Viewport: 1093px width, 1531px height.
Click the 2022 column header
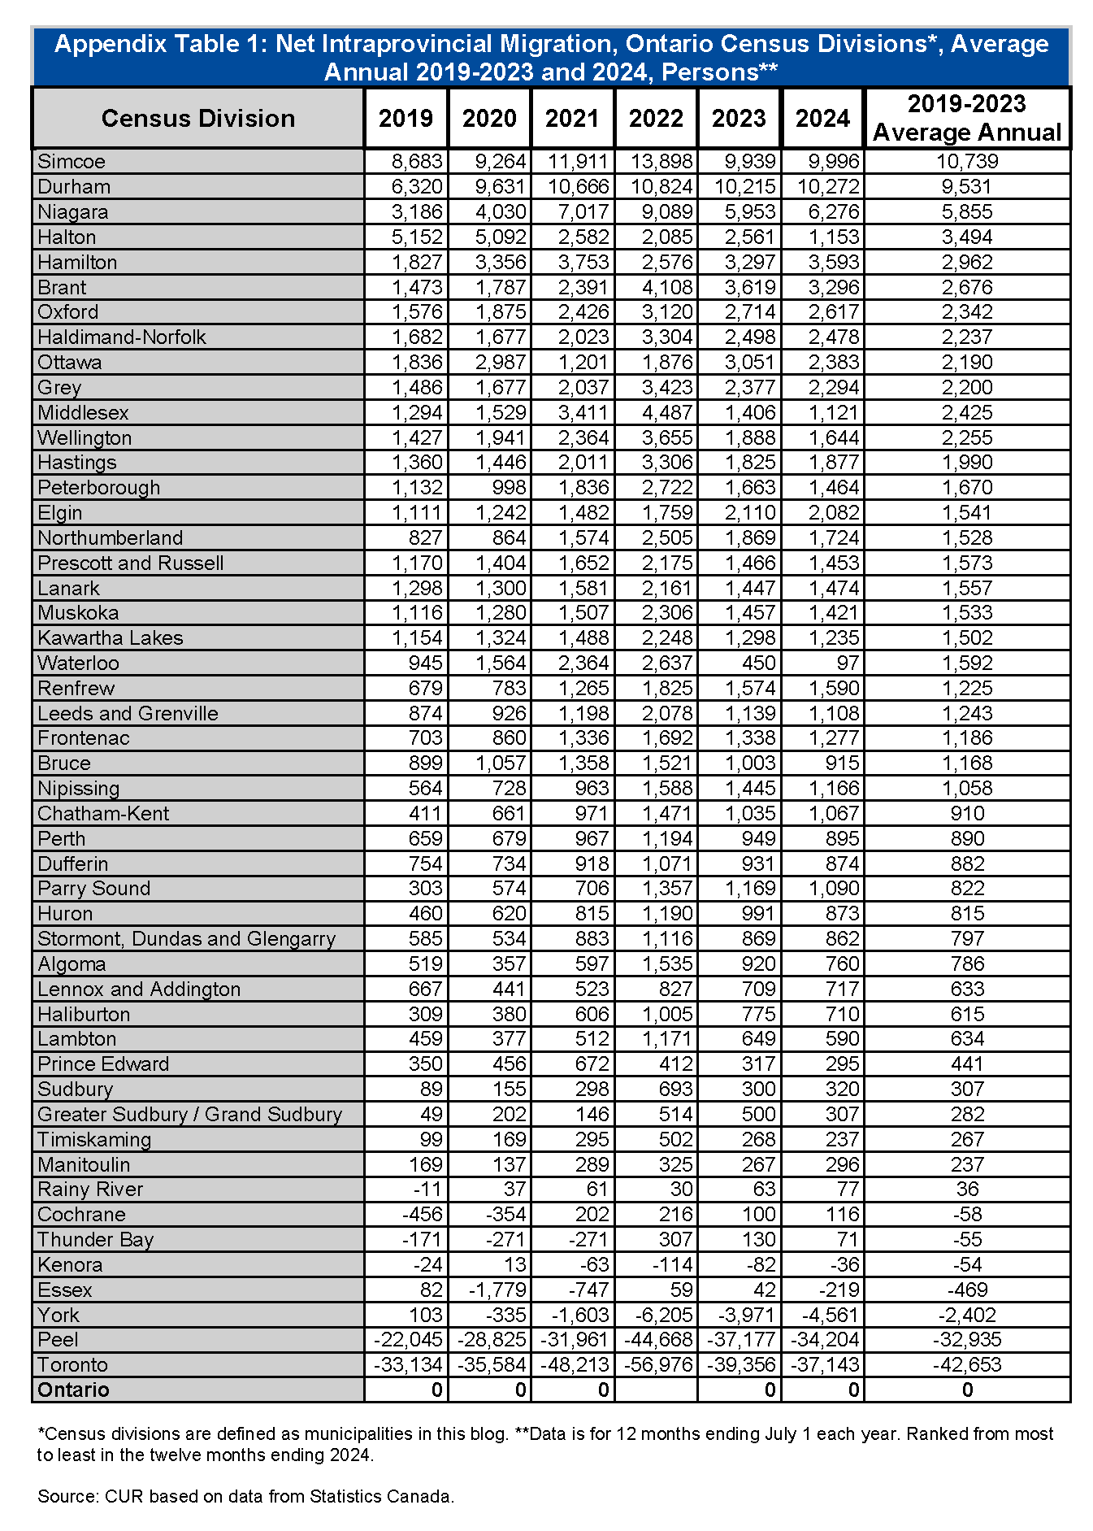tap(656, 119)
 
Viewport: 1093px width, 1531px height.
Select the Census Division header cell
tap(197, 119)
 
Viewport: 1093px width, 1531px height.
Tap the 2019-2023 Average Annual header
tap(966, 119)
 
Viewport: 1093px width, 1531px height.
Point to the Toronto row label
tap(72, 1365)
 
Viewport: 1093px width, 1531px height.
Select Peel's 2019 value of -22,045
tap(408, 1340)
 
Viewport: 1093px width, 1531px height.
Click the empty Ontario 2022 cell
tap(656, 1390)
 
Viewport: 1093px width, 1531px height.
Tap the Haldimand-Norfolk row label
tap(122, 337)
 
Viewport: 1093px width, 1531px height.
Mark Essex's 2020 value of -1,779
tap(493, 1290)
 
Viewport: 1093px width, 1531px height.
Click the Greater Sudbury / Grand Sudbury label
tap(190, 1115)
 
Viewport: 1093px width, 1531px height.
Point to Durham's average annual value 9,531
tap(966, 187)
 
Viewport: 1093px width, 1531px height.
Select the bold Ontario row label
tap(73, 1390)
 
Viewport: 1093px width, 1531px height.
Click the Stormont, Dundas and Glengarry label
tap(186, 939)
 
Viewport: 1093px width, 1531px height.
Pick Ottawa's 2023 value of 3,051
tap(744, 363)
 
